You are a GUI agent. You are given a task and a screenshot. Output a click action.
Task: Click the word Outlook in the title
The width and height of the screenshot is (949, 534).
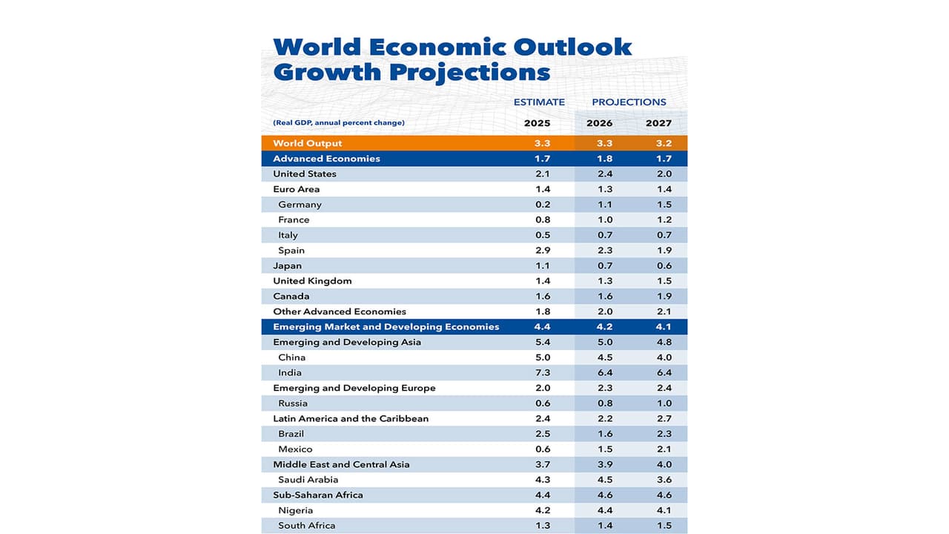(x=563, y=46)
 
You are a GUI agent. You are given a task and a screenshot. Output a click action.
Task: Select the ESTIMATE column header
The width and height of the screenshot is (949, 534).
(x=539, y=102)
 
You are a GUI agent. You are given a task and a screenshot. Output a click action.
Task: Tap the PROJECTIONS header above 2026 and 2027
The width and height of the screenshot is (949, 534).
(x=629, y=102)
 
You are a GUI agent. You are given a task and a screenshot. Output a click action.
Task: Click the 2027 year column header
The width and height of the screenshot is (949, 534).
(x=658, y=123)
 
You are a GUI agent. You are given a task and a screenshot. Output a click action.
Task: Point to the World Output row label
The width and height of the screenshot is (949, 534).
(x=307, y=143)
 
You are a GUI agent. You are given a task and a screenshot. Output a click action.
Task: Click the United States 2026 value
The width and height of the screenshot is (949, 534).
(x=599, y=174)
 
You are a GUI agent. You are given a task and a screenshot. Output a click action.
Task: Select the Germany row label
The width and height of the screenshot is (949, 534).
(x=300, y=205)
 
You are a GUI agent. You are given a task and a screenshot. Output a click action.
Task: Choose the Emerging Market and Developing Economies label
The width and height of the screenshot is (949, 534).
(x=386, y=327)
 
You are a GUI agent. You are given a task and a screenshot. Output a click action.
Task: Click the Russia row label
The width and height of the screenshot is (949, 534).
(x=293, y=403)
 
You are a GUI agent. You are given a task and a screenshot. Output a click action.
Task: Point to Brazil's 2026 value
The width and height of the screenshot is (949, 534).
(x=599, y=434)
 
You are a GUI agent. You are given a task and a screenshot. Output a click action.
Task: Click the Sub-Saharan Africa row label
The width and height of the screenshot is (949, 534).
(x=317, y=495)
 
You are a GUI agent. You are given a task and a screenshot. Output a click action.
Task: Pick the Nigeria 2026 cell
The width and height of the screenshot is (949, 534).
(x=599, y=510)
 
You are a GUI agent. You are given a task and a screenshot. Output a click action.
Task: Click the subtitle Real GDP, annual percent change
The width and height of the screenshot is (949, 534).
(x=339, y=123)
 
